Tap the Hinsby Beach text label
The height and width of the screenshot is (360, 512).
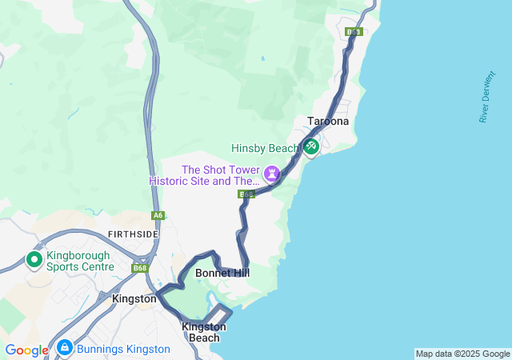265,148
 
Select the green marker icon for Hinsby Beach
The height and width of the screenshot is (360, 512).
310,147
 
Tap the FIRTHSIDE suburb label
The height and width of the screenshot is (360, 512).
133,234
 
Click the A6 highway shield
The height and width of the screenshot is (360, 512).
158,215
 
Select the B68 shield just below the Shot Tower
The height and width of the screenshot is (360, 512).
246,194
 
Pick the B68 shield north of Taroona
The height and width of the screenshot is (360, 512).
354,32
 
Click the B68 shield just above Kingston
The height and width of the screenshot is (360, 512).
141,268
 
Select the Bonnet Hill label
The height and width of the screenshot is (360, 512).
222,273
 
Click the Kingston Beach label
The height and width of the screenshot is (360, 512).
204,332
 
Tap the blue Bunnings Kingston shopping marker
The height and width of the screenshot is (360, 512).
65,348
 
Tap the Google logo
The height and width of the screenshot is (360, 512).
26,350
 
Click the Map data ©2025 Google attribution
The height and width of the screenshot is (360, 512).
462,354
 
